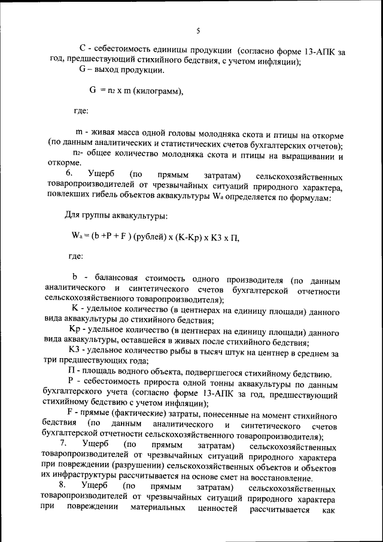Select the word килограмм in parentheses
154,91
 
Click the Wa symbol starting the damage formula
75,237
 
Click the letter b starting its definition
75,278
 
